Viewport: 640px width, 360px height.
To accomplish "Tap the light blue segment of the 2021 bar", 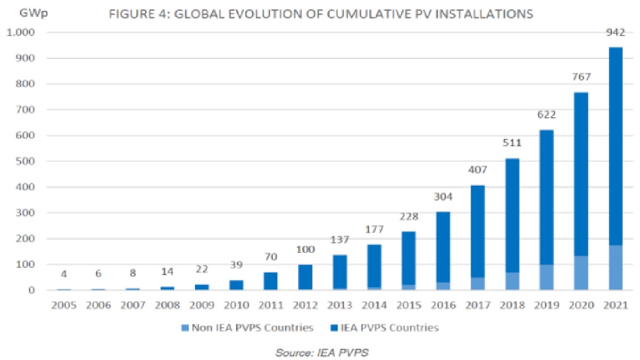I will click(615, 267).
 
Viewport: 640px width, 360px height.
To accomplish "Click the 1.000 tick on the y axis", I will click(21, 33).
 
